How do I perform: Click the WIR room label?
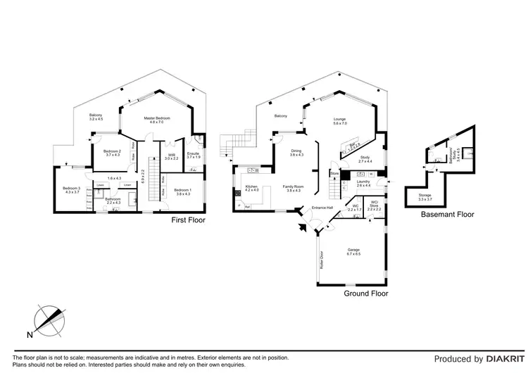click(171, 157)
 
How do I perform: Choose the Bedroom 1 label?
click(182, 190)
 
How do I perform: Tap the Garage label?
click(353, 251)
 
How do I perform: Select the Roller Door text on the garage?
click(322, 261)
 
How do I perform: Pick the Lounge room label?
click(340, 121)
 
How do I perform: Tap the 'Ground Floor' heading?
click(365, 293)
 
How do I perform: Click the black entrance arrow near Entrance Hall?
click(304, 226)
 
